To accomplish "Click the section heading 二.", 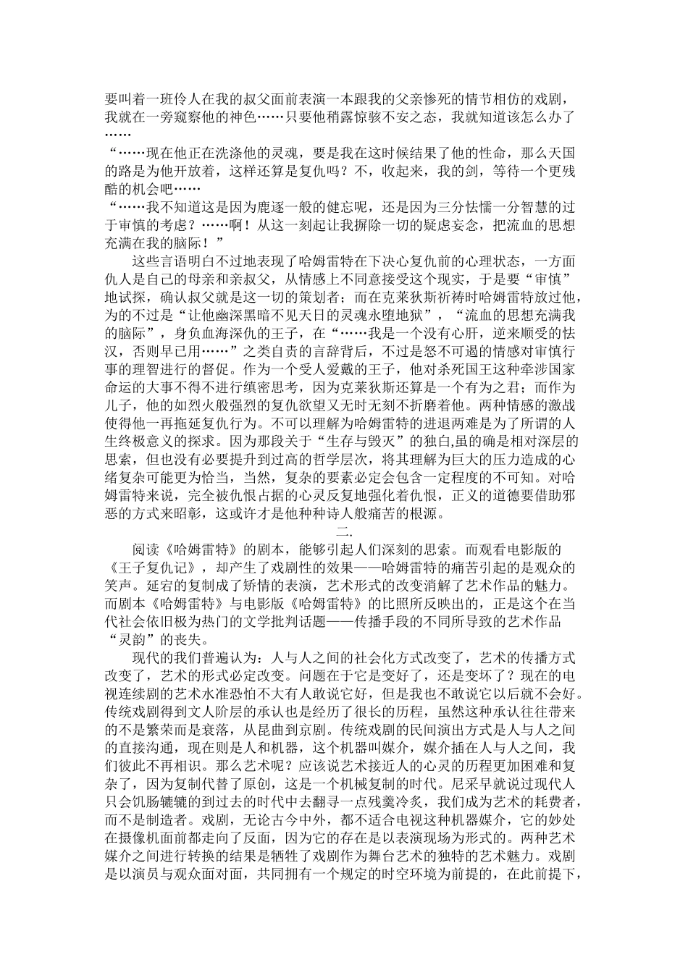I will coord(344,532).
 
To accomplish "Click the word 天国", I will coord(559,152).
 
